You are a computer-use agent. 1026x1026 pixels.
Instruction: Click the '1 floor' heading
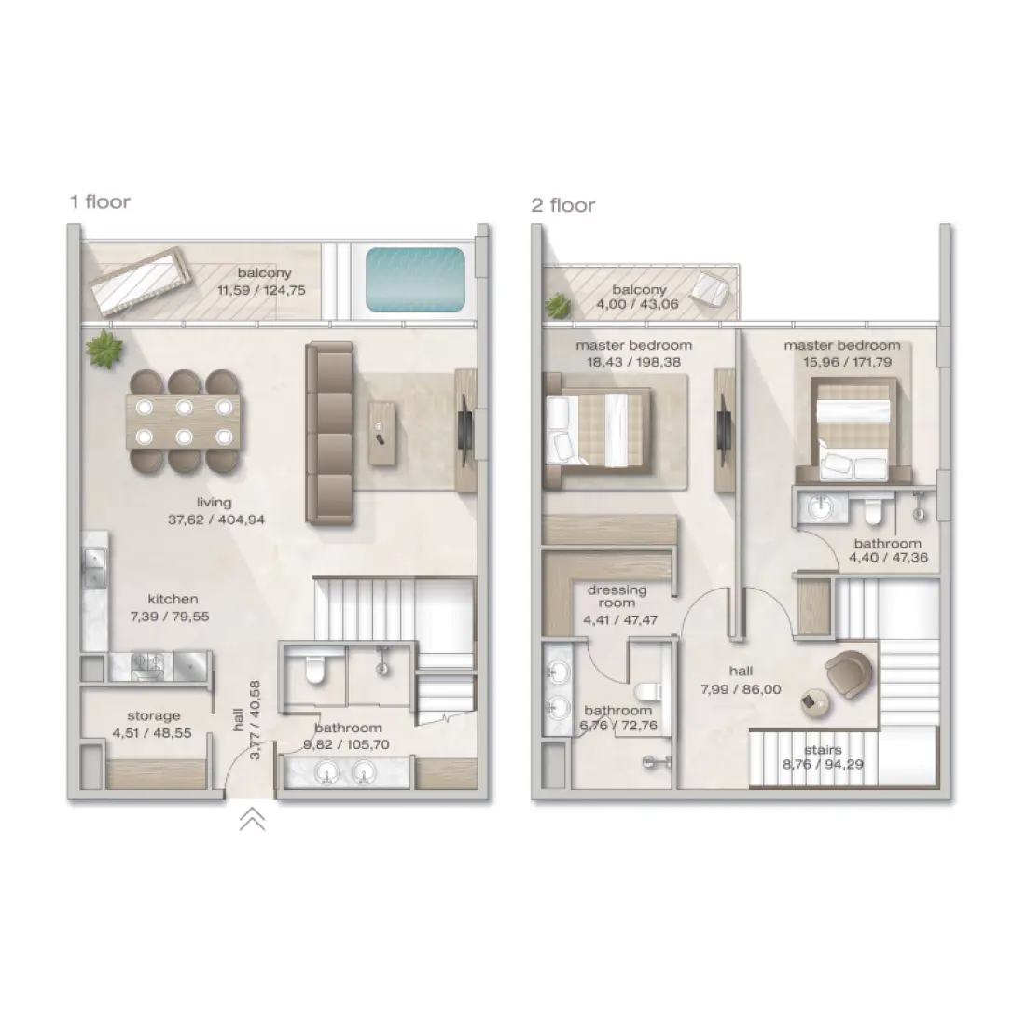click(100, 201)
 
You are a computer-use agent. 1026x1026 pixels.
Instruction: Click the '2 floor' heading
click(562, 205)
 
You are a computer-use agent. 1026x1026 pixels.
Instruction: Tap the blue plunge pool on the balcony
click(415, 279)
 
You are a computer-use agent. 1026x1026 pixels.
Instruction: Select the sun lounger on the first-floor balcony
click(140, 281)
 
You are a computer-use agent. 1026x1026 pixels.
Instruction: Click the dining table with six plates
click(184, 422)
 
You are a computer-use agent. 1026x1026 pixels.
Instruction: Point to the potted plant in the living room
click(104, 349)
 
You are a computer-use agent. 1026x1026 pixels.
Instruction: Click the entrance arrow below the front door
click(252, 819)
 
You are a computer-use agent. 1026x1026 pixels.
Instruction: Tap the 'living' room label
click(214, 503)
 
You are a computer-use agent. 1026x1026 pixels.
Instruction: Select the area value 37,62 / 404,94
click(216, 520)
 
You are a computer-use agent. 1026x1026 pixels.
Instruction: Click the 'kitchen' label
click(173, 599)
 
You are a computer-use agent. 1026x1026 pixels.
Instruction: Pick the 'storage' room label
click(154, 715)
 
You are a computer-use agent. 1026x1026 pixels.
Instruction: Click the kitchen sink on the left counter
click(94, 567)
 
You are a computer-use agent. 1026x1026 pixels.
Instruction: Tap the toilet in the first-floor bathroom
click(315, 670)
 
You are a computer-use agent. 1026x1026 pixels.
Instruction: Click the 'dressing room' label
click(617, 596)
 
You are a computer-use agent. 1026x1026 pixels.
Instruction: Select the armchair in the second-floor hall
click(849, 673)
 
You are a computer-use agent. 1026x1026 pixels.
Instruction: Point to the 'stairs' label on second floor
click(824, 750)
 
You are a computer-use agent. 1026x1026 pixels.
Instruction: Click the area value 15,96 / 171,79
click(847, 362)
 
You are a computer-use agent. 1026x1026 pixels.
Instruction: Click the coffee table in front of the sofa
click(382, 433)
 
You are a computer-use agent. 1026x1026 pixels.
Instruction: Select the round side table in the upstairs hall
click(815, 703)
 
